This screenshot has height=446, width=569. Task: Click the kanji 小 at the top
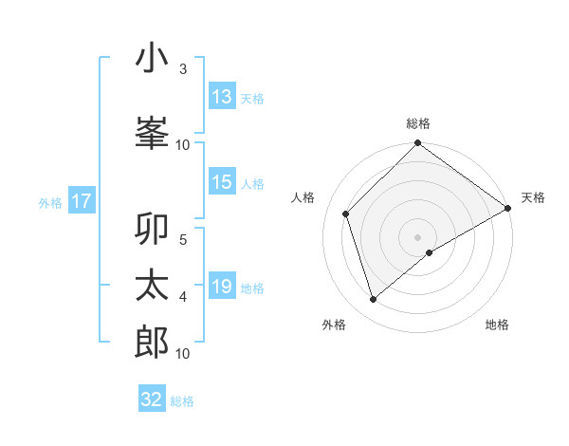tap(152, 58)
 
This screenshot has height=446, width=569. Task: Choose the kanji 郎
tap(152, 342)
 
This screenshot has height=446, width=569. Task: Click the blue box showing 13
tap(222, 97)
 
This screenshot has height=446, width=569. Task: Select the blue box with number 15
tap(222, 182)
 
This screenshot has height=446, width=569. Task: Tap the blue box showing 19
tap(222, 287)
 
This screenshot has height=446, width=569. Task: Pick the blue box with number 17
tap(81, 201)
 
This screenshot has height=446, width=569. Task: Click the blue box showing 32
tap(152, 400)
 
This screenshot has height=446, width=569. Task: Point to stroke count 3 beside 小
tap(183, 69)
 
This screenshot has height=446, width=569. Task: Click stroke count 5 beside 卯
tap(183, 238)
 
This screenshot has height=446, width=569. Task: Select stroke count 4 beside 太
tap(183, 297)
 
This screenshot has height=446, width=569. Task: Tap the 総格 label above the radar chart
tap(418, 123)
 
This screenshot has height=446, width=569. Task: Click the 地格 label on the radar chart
tap(497, 325)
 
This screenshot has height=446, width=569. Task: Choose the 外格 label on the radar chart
tap(334, 325)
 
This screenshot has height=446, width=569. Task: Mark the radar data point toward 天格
tap(508, 208)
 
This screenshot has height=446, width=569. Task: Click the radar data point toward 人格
tap(346, 214)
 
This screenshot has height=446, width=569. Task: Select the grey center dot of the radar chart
tap(417, 236)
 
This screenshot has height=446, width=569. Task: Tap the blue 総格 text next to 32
tap(182, 401)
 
